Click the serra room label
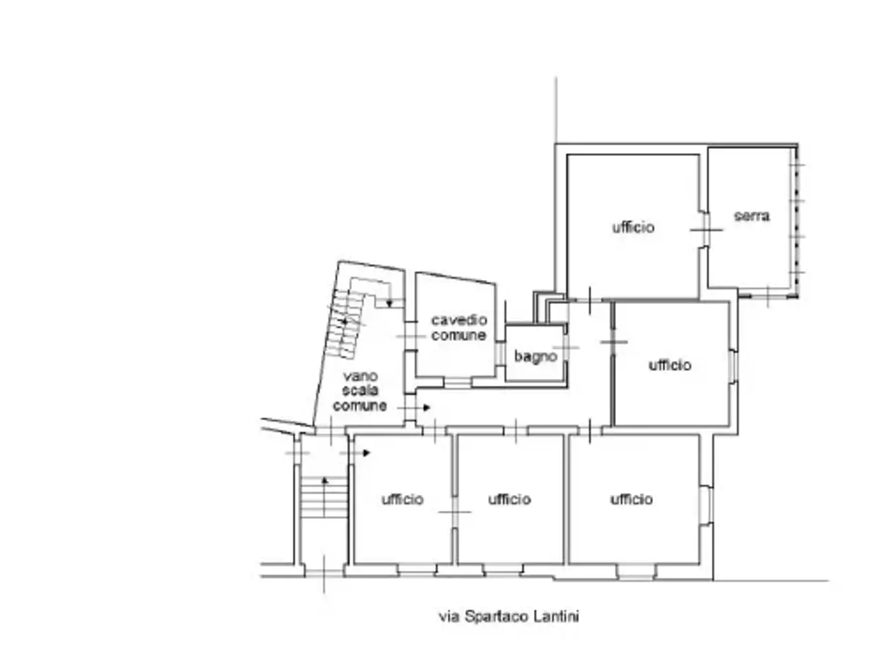pyautogui.click(x=751, y=216)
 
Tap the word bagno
pyautogui.click(x=535, y=356)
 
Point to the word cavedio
pyautogui.click(x=459, y=320)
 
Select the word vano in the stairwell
pyautogui.click(x=360, y=376)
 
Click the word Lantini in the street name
pyautogui.click(x=556, y=616)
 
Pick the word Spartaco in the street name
pyautogui.click(x=497, y=616)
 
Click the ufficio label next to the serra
pyautogui.click(x=633, y=227)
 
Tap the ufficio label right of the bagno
pyautogui.click(x=669, y=365)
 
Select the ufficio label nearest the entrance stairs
pyautogui.click(x=403, y=499)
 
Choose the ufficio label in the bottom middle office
pyautogui.click(x=510, y=499)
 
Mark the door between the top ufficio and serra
pyautogui.click(x=707, y=230)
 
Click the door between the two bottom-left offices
pyautogui.click(x=455, y=512)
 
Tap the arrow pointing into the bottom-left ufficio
pyautogui.click(x=355, y=453)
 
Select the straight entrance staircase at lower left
pyautogui.click(x=324, y=497)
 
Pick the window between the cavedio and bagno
pyautogui.click(x=500, y=353)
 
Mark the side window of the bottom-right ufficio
pyautogui.click(x=707, y=505)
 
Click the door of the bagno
pyautogui.click(x=566, y=347)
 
